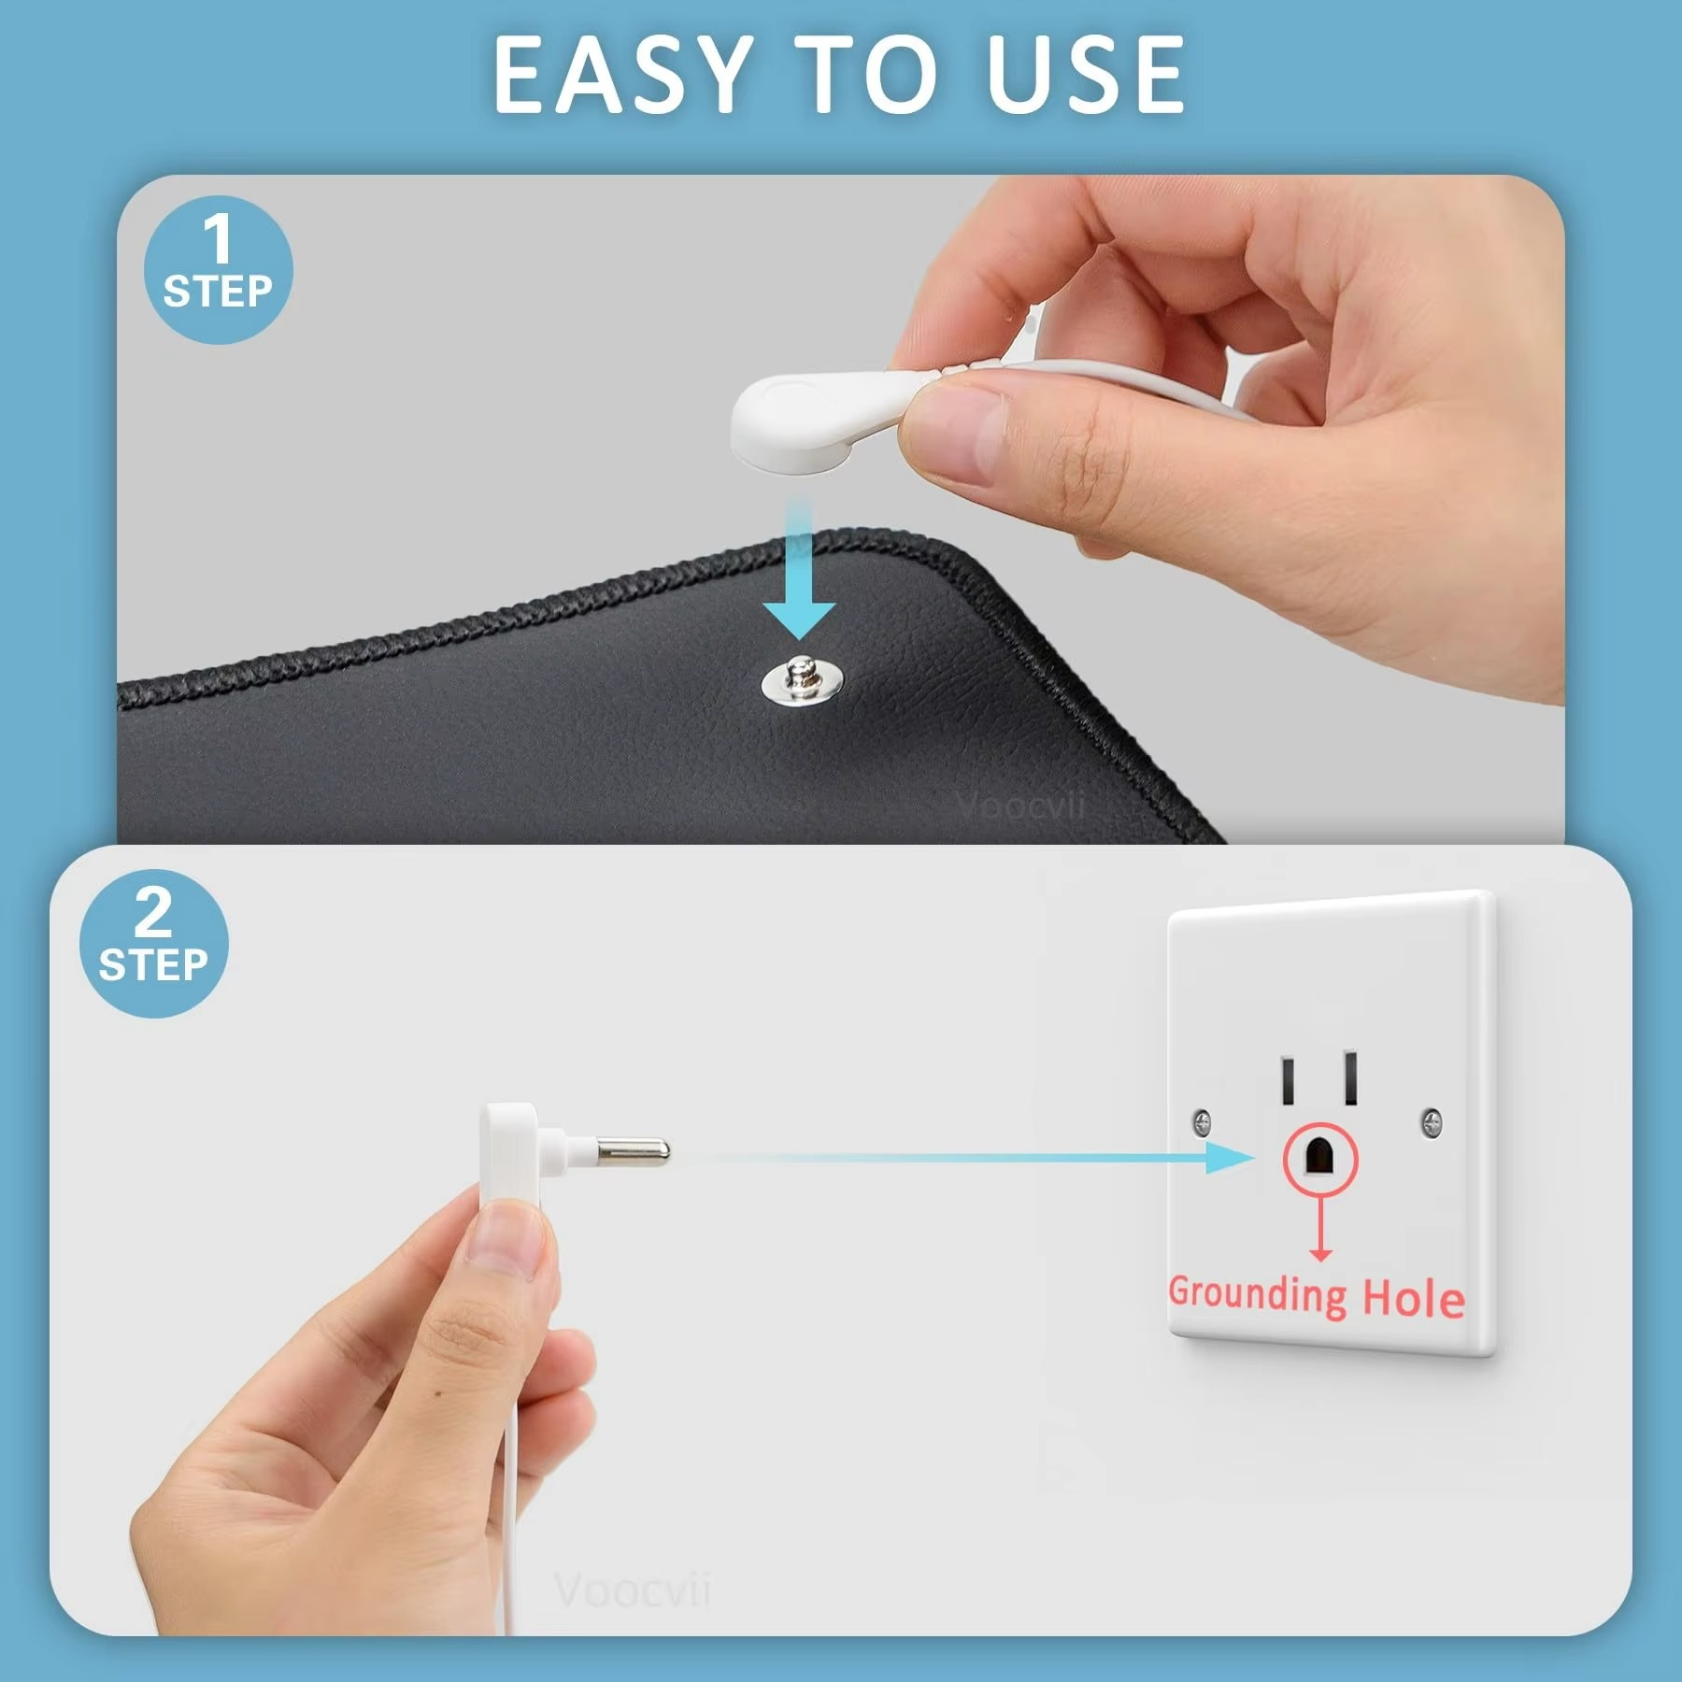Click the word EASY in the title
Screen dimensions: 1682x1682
point(621,75)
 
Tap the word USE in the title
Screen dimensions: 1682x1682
point(1085,75)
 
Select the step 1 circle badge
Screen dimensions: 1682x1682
point(218,269)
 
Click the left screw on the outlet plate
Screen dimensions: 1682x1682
point(1203,1121)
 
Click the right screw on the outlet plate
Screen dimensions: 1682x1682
point(1431,1121)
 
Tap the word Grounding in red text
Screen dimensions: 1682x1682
point(1257,1294)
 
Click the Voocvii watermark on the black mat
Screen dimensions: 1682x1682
point(1020,805)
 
